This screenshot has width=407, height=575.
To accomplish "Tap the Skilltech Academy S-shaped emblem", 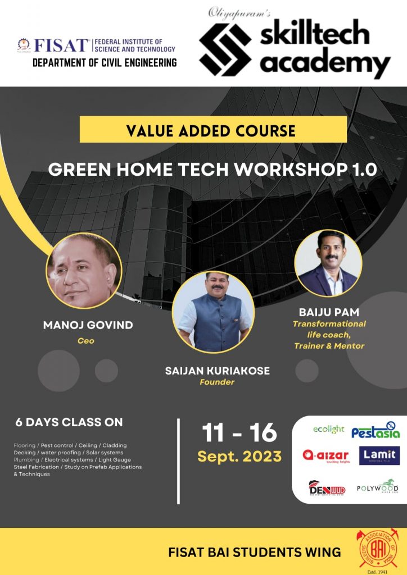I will pyautogui.click(x=224, y=50).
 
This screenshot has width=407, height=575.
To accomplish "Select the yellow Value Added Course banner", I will pyautogui.click(x=213, y=130).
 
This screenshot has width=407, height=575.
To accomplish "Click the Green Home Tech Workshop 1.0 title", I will pyautogui.click(x=212, y=170).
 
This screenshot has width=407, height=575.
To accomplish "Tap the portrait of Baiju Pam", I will pyautogui.click(x=328, y=262).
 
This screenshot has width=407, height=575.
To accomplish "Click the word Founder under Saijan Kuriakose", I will pyautogui.click(x=216, y=382).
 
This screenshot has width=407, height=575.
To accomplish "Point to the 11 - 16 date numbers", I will pyautogui.click(x=239, y=433).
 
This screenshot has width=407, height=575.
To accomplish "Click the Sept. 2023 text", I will pyautogui.click(x=239, y=456).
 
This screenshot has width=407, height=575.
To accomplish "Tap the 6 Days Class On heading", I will pyautogui.click(x=70, y=422).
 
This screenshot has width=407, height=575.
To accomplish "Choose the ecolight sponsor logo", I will pyautogui.click(x=328, y=430).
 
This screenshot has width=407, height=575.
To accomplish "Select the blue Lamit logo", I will pyautogui.click(x=379, y=455).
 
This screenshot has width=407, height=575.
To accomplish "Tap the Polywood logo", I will pyautogui.click(x=377, y=486).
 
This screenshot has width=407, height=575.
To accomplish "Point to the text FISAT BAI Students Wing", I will pyautogui.click(x=254, y=553).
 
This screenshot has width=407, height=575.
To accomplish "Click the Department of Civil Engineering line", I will pyautogui.click(x=105, y=62).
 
